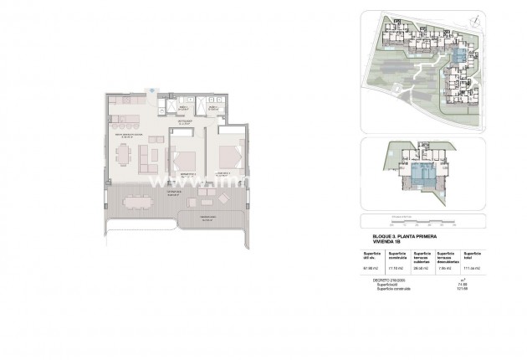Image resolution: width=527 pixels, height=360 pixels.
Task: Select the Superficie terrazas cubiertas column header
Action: [x=422, y=256]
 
